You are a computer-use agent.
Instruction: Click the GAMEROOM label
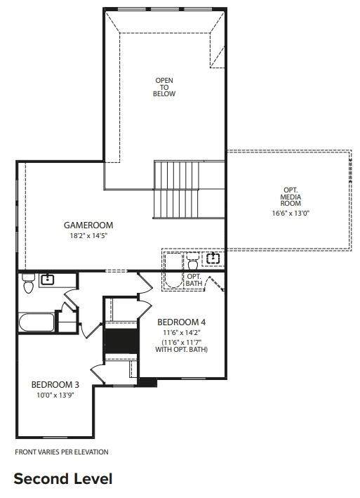coord(88,225)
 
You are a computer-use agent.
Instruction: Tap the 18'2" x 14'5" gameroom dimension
coord(89,236)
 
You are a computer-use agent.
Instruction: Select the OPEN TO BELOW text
coord(164,87)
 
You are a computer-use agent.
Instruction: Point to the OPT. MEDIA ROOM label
coord(291,197)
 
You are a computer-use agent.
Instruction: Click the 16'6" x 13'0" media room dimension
coord(291,213)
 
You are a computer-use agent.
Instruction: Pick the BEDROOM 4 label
coord(182,322)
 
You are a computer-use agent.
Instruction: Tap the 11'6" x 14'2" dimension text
coord(182,332)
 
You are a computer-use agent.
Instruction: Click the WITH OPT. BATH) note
coord(182,350)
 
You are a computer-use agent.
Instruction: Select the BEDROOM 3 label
coord(55,385)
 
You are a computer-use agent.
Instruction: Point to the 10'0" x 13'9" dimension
coord(55,395)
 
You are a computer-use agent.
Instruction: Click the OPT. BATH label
coord(194,280)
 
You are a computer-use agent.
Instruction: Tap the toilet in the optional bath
coord(192,261)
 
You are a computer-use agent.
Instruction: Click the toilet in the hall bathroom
coord(28,283)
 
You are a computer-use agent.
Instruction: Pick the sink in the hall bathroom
coord(48,280)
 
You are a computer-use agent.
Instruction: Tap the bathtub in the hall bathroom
coord(36,322)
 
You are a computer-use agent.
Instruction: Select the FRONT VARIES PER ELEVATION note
coord(62,452)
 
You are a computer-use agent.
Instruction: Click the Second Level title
coord(63,479)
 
